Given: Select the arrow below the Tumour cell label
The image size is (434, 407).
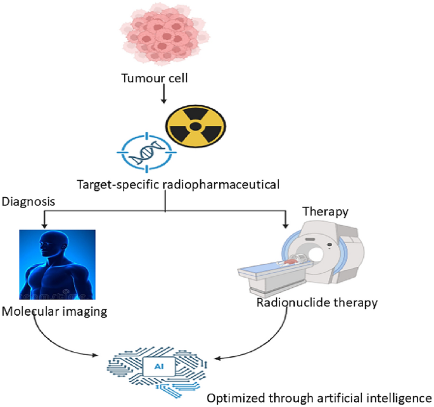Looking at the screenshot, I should (164, 96).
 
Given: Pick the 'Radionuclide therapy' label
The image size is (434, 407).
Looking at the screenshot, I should (317, 302).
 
